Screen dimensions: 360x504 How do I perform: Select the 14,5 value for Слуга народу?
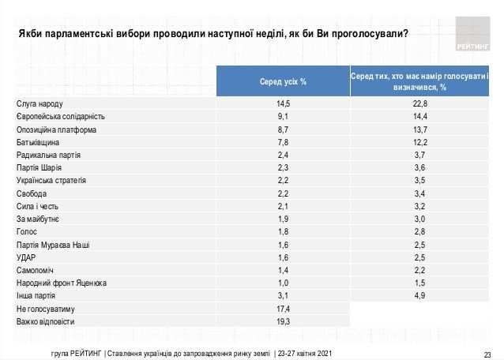pyautogui.click(x=284, y=104)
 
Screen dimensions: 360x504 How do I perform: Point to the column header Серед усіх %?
pyautogui.click(x=284, y=82)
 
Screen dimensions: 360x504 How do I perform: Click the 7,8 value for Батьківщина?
pyautogui.click(x=284, y=142)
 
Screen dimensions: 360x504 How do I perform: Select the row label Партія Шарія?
pyautogui.click(x=44, y=167)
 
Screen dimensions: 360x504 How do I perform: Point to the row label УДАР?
pyautogui.click(x=28, y=257)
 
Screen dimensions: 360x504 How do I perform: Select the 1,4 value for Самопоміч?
pyautogui.click(x=284, y=269)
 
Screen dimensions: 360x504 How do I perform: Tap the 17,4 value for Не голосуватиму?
pyautogui.click(x=284, y=308)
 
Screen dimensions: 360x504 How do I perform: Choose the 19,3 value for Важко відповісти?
pyautogui.click(x=284, y=321)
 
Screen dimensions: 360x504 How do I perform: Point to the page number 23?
pyautogui.click(x=487, y=353)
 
